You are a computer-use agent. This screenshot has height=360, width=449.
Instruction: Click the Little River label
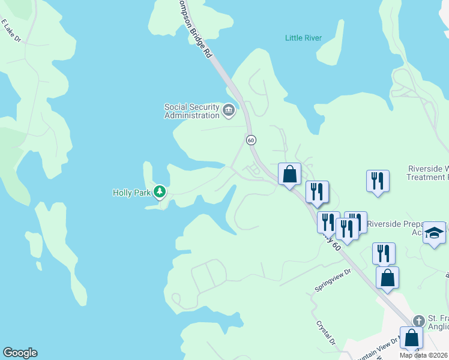303,38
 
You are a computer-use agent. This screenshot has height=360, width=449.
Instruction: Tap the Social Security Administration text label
191,112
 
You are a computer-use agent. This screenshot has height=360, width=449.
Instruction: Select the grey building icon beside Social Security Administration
228,110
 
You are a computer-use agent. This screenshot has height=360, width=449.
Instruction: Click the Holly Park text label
131,193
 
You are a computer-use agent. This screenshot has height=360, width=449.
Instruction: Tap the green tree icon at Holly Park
160,192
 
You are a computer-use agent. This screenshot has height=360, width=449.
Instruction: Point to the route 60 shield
251,139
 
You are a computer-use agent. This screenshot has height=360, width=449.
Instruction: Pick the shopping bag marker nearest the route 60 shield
289,175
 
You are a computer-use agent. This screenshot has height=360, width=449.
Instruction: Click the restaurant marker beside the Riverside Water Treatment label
378,181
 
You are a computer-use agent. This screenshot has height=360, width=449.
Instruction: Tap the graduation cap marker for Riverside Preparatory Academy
433,233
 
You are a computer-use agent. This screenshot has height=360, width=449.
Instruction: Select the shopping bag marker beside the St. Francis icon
412,337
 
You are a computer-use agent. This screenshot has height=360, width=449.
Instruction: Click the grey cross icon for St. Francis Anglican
419,320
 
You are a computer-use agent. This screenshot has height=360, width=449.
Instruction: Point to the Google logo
20,353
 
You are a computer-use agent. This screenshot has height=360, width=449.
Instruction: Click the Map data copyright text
424,355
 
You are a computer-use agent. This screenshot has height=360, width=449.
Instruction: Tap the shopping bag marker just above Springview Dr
387,278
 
